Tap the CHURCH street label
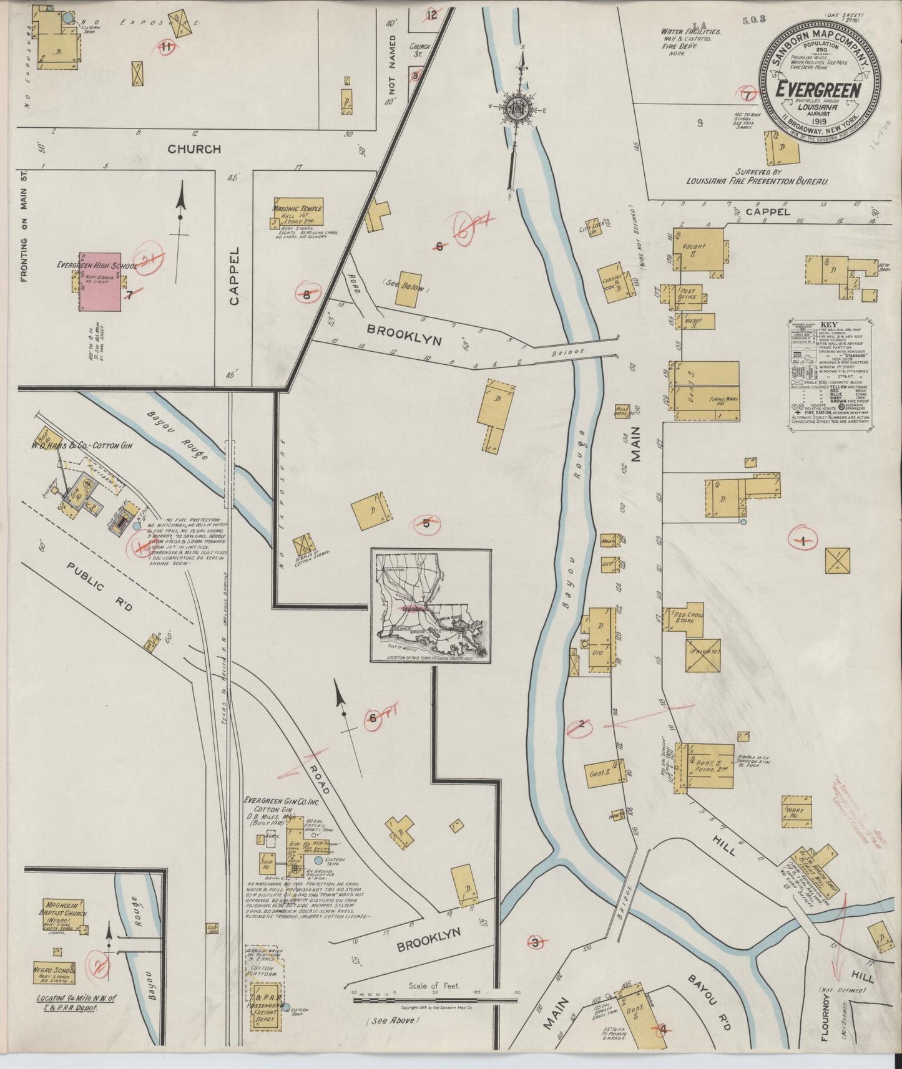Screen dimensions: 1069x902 coord(194,149)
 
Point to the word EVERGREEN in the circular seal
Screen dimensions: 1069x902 coord(818,90)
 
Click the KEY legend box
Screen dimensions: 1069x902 coord(830,374)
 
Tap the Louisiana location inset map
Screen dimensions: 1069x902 coord(431,606)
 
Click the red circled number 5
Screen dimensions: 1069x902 coord(426,524)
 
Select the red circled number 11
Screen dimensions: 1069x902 coord(166,46)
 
